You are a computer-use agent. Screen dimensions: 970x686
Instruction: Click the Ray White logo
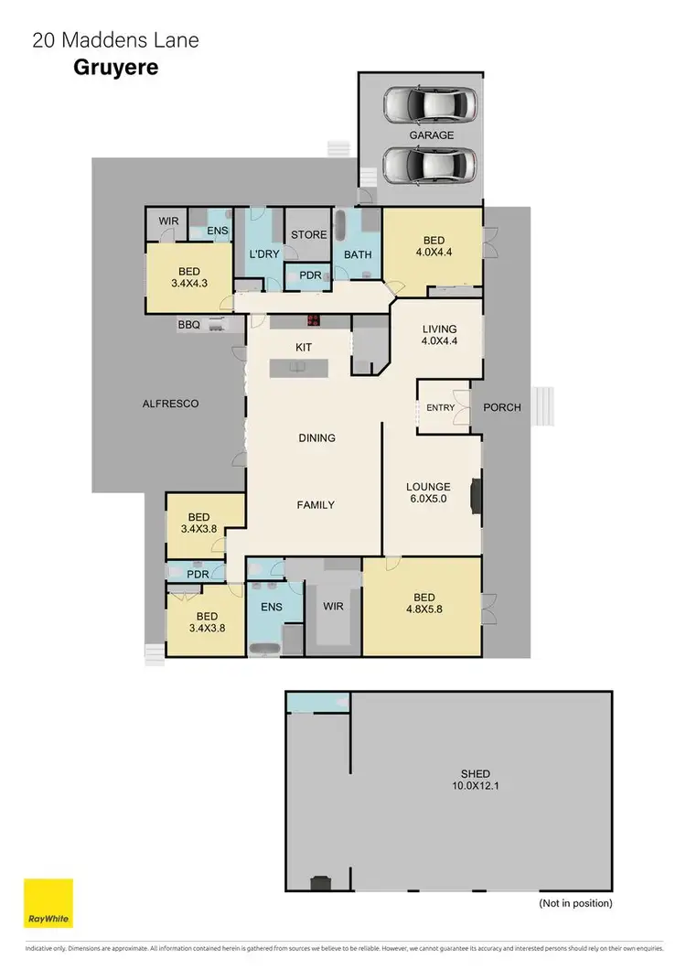pyautogui.click(x=48, y=903)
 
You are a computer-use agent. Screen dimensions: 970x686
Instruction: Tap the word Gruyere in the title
pyautogui.click(x=115, y=68)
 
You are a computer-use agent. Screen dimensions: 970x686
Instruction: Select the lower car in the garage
pyautogui.click(x=431, y=166)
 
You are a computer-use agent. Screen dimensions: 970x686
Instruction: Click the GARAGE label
pyautogui.click(x=431, y=135)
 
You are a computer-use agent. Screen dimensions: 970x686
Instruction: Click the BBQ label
pyautogui.click(x=188, y=324)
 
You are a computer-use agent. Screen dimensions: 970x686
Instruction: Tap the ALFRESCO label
pyautogui.click(x=170, y=403)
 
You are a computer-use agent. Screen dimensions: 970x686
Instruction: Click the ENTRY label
pyautogui.click(x=440, y=407)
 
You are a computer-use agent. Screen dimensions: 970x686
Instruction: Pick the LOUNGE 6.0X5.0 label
pyautogui.click(x=429, y=493)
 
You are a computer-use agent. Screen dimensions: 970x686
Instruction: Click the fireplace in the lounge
pyautogui.click(x=476, y=493)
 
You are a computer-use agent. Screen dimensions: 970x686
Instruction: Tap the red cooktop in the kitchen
pyautogui.click(x=313, y=320)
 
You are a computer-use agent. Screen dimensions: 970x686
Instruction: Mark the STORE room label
pyautogui.click(x=308, y=234)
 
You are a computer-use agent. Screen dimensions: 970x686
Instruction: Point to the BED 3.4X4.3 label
pyautogui.click(x=189, y=277)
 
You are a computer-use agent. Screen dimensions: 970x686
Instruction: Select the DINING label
pyautogui.click(x=316, y=437)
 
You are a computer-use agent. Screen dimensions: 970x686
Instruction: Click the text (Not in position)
pyautogui.click(x=575, y=902)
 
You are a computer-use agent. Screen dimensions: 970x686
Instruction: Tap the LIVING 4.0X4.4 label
pyautogui.click(x=439, y=335)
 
